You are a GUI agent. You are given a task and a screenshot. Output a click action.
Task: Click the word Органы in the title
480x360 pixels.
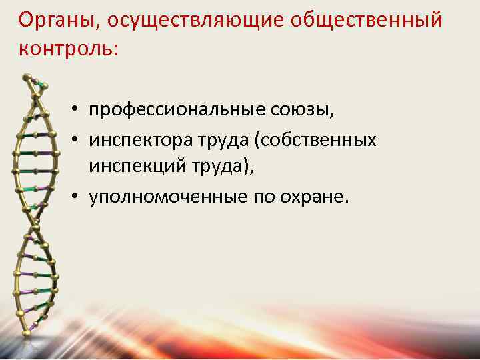pyautogui.click(x=55, y=21)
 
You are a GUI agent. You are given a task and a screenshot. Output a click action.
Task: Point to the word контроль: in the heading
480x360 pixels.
pyautogui.click(x=67, y=49)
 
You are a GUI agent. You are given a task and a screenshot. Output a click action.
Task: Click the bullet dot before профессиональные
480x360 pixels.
pyautogui.click(x=78, y=110)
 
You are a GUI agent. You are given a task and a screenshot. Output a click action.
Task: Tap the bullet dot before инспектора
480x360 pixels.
pyautogui.click(x=78, y=141)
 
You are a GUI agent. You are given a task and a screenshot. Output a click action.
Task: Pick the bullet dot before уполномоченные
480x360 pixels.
pyautogui.click(x=78, y=199)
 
